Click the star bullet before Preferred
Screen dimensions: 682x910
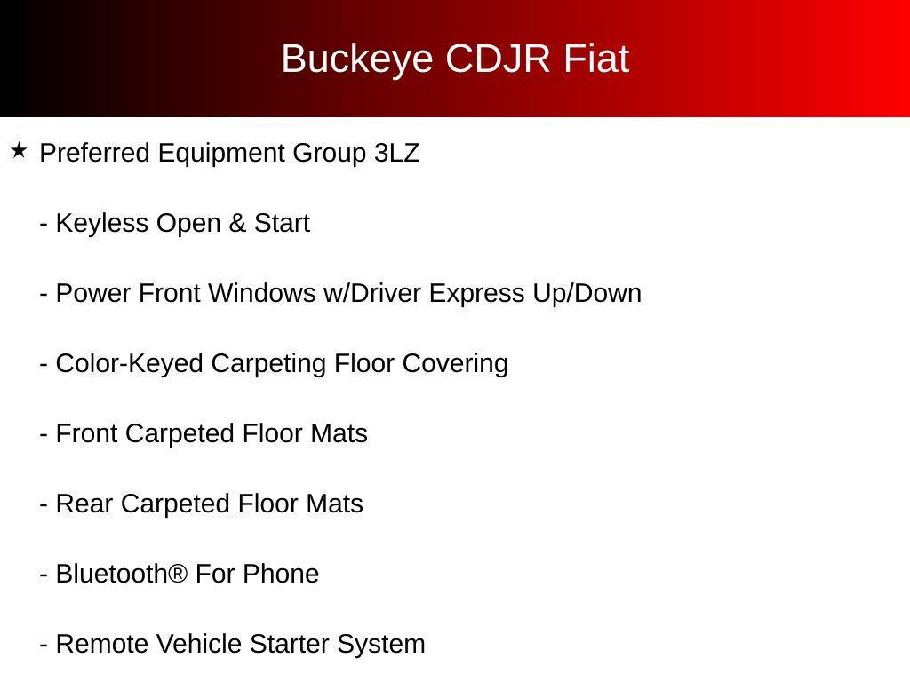pos(19,152)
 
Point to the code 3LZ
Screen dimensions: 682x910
pos(396,153)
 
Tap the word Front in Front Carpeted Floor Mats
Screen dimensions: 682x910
pos(87,433)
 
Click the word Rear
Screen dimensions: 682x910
pos(84,504)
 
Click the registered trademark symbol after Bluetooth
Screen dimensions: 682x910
pos(178,573)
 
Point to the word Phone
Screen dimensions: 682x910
pos(280,574)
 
